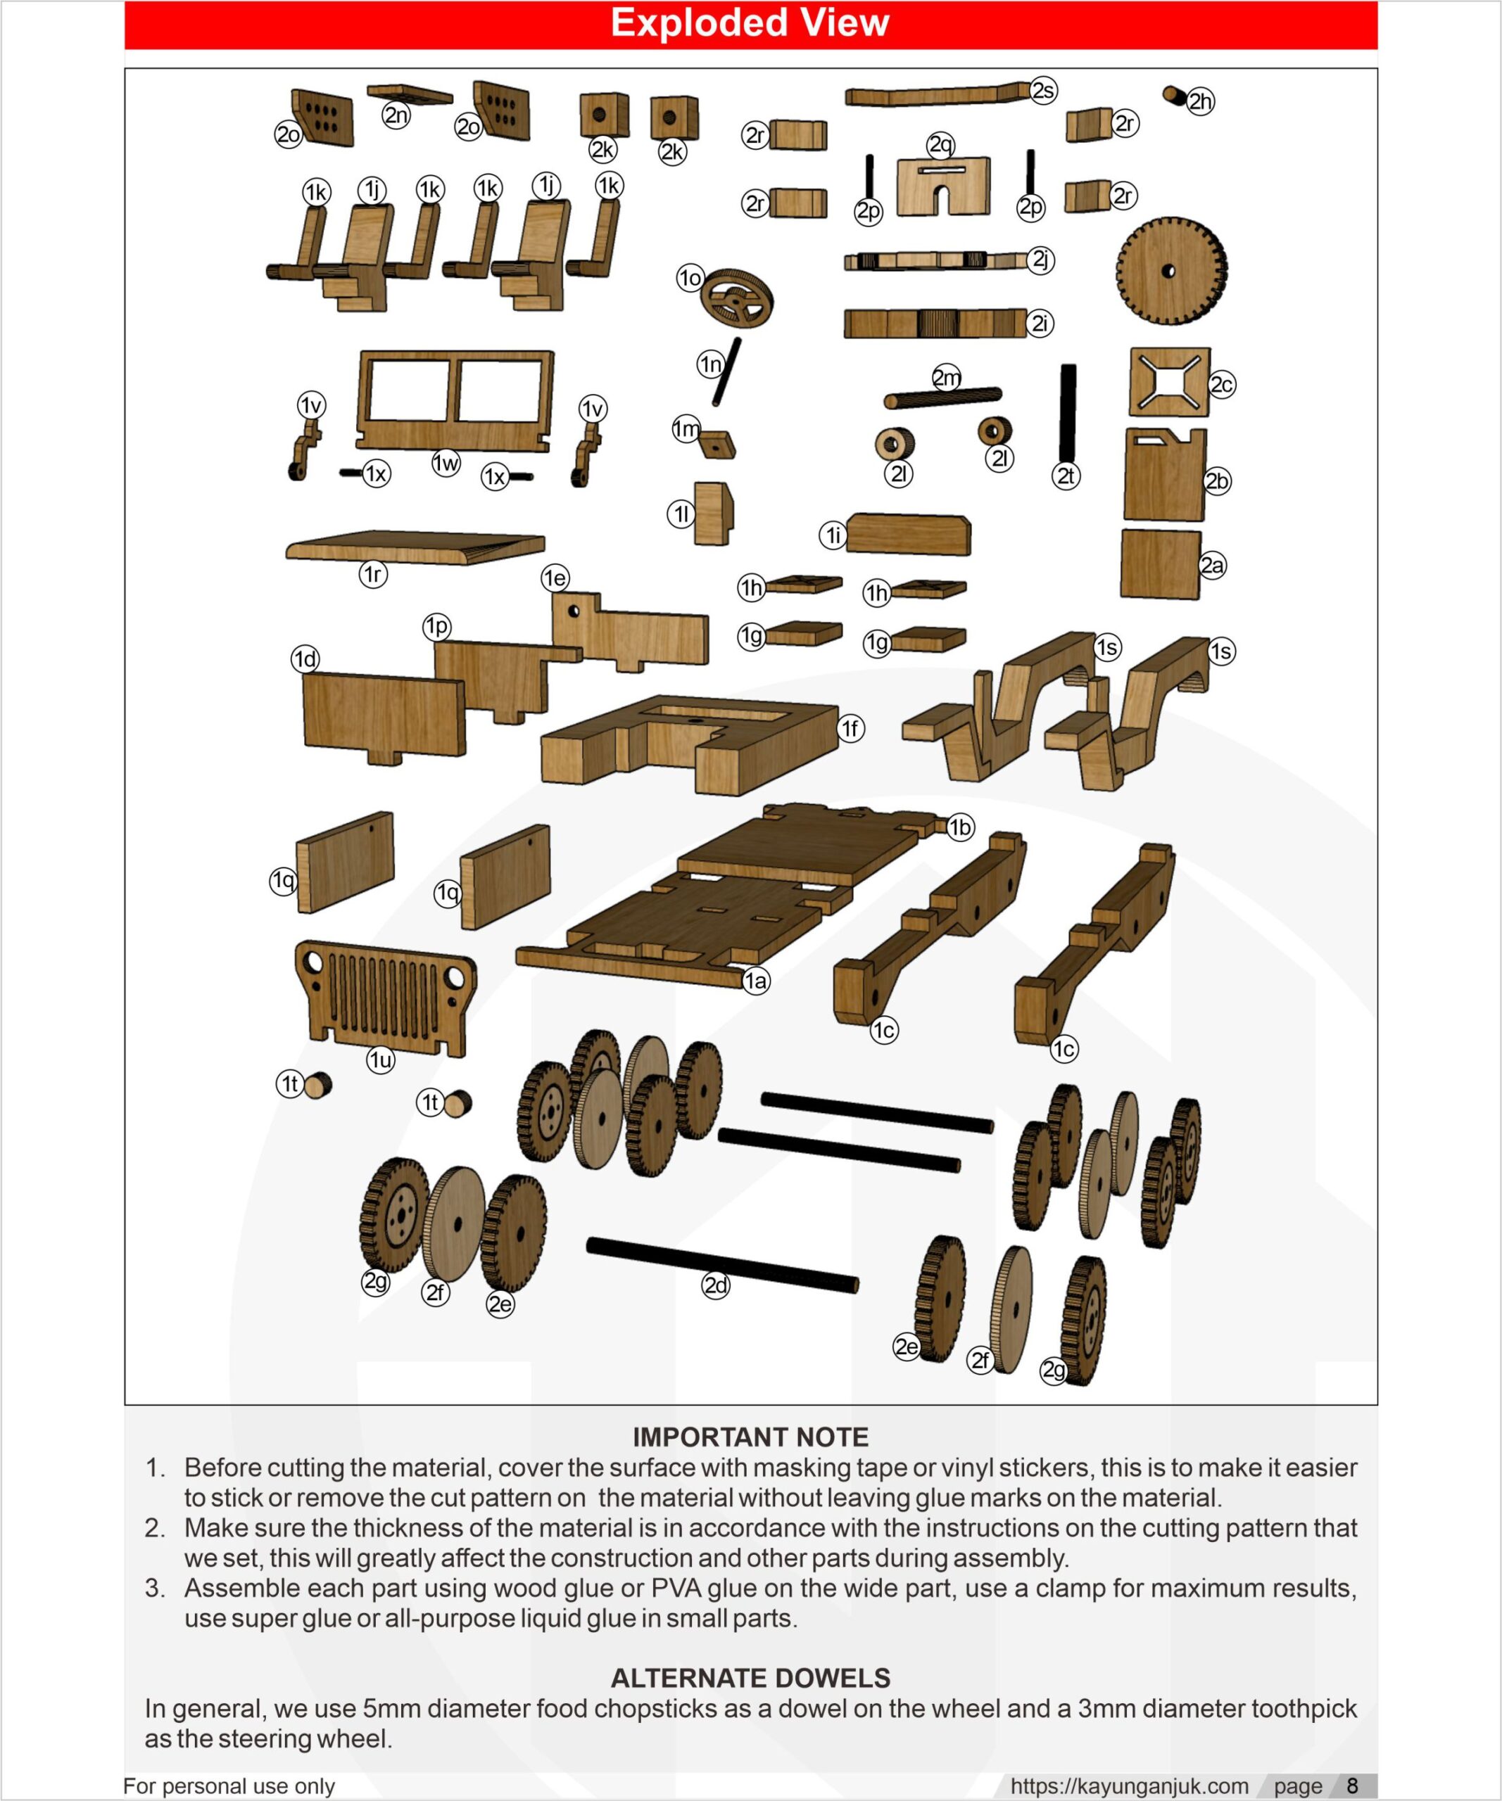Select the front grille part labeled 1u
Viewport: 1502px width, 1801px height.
click(x=385, y=998)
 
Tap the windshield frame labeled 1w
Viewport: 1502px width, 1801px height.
click(x=455, y=398)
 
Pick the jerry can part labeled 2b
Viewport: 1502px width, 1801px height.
click(x=1165, y=474)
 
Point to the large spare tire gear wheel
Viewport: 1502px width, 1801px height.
click(x=1171, y=270)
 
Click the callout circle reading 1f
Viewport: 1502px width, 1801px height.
click(x=850, y=729)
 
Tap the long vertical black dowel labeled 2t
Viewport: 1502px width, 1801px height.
click(x=1068, y=412)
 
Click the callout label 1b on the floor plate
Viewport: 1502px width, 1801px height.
click(x=960, y=827)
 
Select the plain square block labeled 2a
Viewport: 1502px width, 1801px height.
click(x=1160, y=564)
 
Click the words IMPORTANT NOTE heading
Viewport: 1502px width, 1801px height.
click(x=750, y=1437)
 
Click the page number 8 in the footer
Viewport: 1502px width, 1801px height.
click(x=1352, y=1786)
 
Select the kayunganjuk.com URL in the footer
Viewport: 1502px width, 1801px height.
click(x=1129, y=1786)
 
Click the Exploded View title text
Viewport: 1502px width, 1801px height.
click(x=750, y=23)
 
